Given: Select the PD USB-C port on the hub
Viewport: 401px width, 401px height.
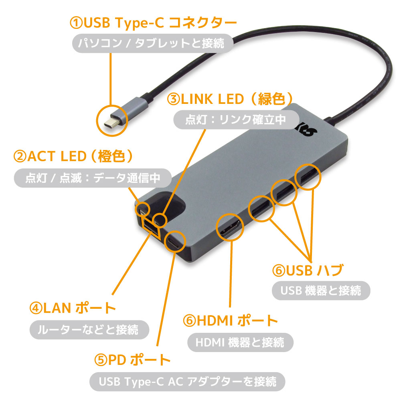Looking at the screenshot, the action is coord(175,241).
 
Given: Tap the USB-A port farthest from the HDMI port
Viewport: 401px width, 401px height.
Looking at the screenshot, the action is coord(307,177).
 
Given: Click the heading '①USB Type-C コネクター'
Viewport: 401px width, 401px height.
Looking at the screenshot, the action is coord(153,22).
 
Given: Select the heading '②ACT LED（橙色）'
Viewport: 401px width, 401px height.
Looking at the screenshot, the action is coord(73,156).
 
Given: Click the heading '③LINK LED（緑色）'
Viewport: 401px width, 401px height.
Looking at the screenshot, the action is coord(230,99).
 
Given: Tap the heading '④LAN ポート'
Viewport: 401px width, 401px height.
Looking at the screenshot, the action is coord(73,308).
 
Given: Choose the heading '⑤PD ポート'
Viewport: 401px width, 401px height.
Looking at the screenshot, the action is coord(132,360).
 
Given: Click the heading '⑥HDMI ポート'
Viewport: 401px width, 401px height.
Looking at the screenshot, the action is coord(231,320).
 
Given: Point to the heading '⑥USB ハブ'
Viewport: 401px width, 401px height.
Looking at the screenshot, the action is coord(308,270).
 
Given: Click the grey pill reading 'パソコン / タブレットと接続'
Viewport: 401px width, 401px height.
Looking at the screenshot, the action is coord(153,43).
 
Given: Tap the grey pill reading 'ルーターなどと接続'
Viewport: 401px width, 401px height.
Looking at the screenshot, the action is coord(89,330).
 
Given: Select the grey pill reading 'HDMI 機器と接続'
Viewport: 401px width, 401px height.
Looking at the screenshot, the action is coord(240,342).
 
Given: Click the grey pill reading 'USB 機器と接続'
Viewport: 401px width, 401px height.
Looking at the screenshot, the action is coord(321,290).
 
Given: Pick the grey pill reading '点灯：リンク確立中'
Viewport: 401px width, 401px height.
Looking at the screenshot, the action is coord(236,119).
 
